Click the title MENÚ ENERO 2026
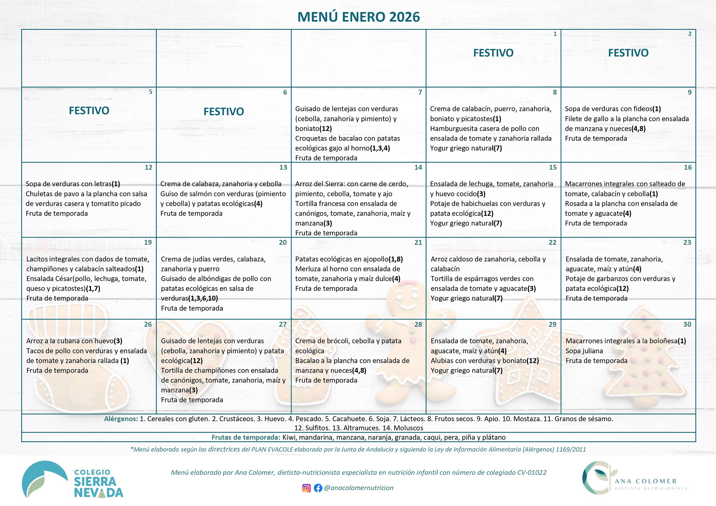coord(358,17)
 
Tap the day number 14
coord(418,167)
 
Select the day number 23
coord(687,242)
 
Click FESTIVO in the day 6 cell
coord(224,112)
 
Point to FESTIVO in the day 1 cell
coord(493,53)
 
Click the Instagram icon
coord(306,488)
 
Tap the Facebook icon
coord(318,488)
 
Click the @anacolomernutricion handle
coord(359,488)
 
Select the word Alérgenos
coord(121,419)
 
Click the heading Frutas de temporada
coord(246,437)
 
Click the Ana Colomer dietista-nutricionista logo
coord(634,478)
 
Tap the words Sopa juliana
coord(584,351)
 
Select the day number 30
coord(687,324)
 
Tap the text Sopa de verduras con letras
coord(69,184)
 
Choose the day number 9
coord(689,92)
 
